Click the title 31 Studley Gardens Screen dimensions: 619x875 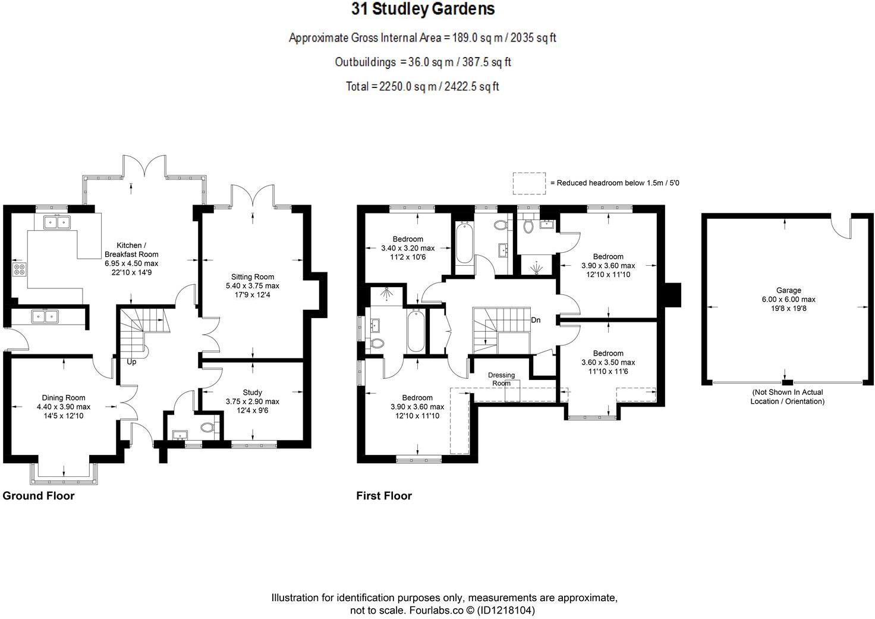tap(423, 10)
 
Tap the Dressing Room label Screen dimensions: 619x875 tap(501, 379)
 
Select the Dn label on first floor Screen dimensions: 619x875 tap(536, 320)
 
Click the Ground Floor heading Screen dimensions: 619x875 tap(39, 496)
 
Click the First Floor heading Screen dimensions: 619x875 tap(384, 496)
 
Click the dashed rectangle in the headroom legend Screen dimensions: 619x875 tap(529, 183)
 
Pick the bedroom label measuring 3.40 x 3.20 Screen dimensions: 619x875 tap(408, 248)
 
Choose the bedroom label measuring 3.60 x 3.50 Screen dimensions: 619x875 tap(608, 362)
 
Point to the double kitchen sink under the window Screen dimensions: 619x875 tap(57, 222)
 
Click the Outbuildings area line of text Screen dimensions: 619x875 tap(423, 62)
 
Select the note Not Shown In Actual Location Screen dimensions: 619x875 tap(788, 397)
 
